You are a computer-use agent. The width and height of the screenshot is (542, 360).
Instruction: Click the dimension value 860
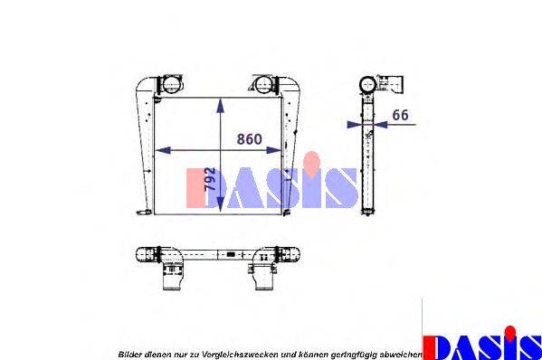pyautogui.click(x=249, y=139)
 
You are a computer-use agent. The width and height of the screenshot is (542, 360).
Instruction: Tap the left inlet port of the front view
pyautogui.click(x=168, y=85)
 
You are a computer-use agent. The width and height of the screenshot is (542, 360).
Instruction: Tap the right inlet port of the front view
pyautogui.click(x=263, y=85)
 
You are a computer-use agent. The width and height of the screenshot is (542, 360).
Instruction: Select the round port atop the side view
pyautogui.click(x=368, y=84)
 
